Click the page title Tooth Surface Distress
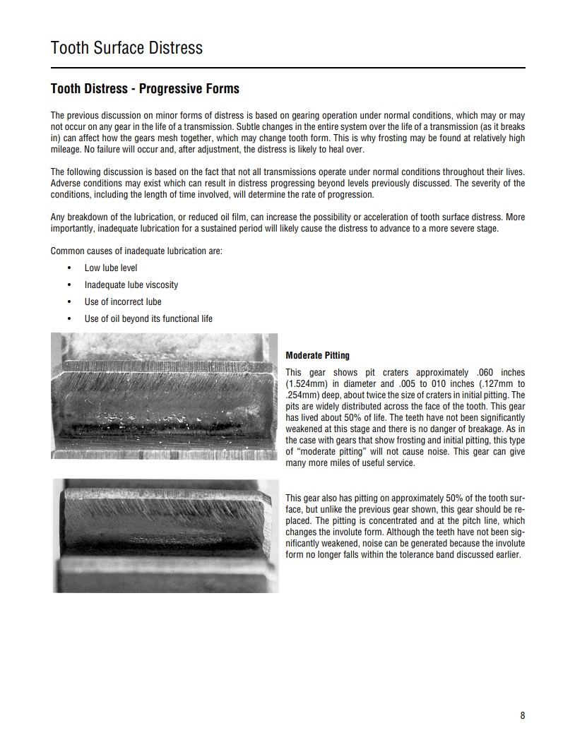[x=126, y=48]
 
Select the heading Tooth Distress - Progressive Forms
[x=145, y=89]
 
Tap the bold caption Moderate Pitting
[x=317, y=355]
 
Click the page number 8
[x=523, y=715]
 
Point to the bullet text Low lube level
[x=111, y=268]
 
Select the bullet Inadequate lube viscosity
[x=131, y=285]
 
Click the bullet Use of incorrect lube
[x=123, y=302]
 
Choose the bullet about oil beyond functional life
[x=148, y=319]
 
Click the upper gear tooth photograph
[x=165, y=396]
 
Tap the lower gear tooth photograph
[x=165, y=534]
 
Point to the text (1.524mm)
[x=304, y=384]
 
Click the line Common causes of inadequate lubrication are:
[x=136, y=251]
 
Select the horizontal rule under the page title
[x=287, y=68]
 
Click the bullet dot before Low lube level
[x=69, y=268]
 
